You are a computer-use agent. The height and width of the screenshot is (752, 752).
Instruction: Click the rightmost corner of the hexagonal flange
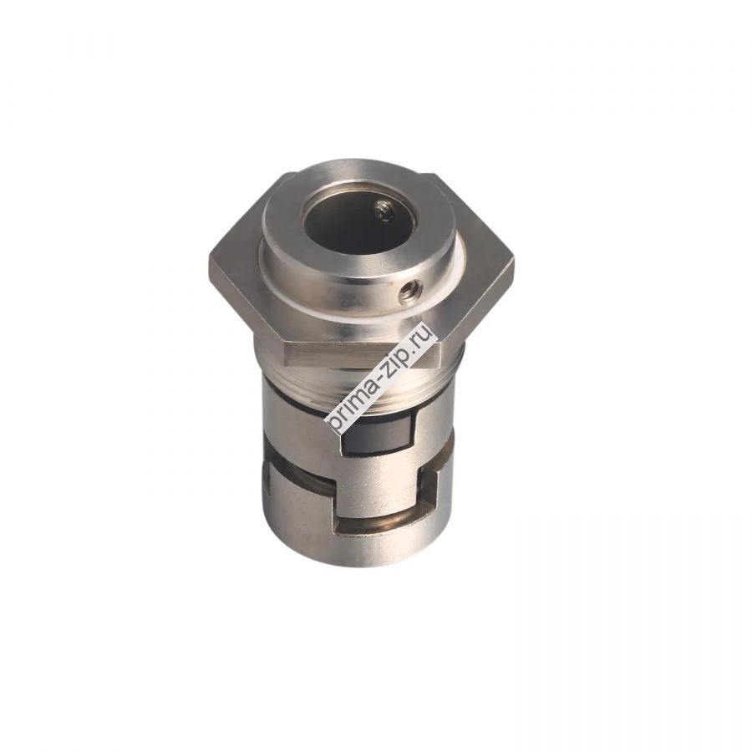coord(513,259)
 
